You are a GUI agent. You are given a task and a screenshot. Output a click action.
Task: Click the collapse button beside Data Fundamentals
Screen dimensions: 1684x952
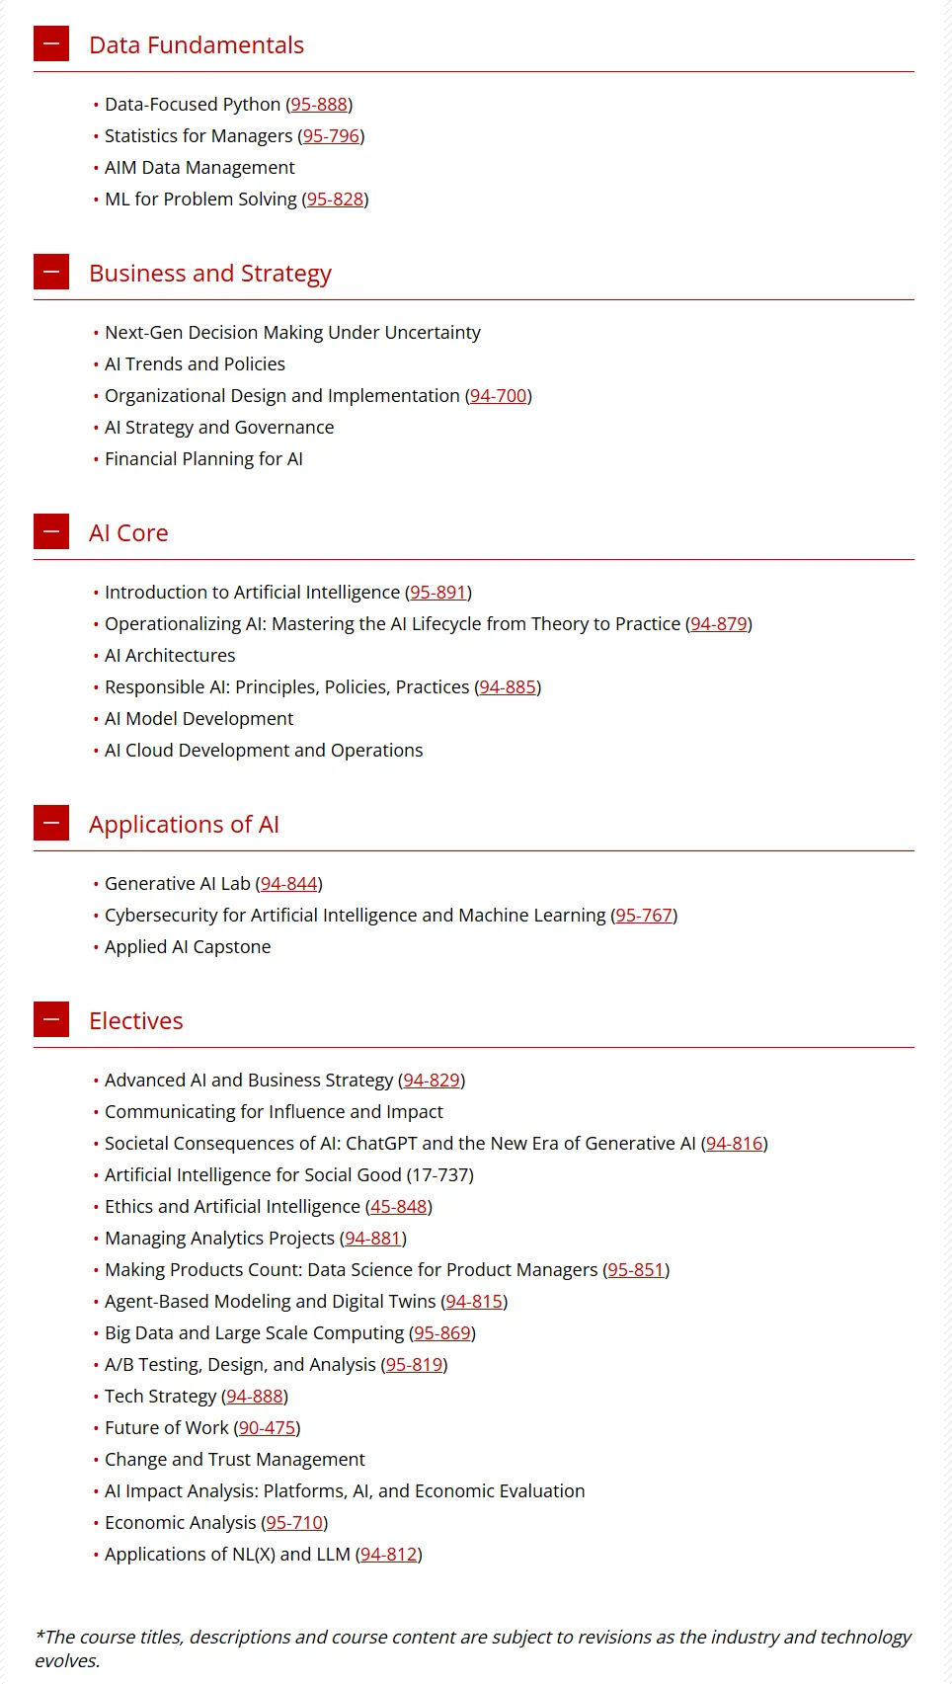coord(51,43)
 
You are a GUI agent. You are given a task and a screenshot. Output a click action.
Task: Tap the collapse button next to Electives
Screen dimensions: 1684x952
coord(51,1019)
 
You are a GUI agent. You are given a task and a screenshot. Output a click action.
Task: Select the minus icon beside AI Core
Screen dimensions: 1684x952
coord(51,531)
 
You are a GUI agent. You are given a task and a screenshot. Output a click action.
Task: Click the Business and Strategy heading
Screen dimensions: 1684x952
coord(209,273)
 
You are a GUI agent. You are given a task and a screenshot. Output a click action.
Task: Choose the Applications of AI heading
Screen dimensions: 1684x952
coord(184,824)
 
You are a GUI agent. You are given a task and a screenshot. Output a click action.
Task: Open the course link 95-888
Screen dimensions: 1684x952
coord(319,104)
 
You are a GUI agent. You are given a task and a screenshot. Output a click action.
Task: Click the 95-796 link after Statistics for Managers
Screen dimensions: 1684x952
coord(331,135)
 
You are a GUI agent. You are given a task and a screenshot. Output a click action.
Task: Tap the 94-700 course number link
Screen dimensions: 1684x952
coord(499,395)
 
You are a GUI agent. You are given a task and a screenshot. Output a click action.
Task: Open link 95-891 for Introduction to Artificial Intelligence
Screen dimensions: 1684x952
coord(438,592)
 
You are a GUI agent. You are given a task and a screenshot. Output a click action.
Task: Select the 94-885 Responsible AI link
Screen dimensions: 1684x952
coord(508,686)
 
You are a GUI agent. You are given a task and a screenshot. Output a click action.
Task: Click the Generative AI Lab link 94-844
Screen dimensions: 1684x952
coord(289,883)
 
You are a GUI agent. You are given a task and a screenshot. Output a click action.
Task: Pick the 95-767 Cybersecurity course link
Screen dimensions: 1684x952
coord(644,915)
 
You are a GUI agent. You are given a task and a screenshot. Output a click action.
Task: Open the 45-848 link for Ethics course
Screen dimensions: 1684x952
coord(399,1206)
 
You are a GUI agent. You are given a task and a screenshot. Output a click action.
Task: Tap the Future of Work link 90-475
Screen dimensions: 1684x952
coord(267,1427)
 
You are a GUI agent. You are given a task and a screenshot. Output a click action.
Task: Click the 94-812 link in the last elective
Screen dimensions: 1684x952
coord(389,1554)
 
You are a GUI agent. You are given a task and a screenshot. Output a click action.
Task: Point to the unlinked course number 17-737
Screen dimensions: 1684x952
coord(439,1174)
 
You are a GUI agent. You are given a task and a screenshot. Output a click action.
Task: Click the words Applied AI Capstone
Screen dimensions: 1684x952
coord(188,946)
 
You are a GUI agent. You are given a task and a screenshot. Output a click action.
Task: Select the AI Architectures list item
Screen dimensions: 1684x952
coord(170,655)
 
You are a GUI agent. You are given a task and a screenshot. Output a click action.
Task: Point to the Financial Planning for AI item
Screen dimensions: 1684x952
coord(203,458)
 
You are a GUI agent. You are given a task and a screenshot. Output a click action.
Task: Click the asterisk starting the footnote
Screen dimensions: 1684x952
coord(40,1634)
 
